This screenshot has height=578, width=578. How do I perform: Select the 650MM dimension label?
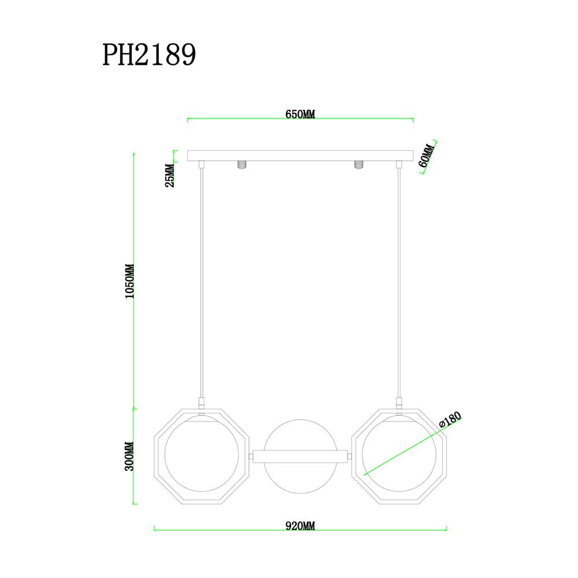pyautogui.click(x=300, y=114)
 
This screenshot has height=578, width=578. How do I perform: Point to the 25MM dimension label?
pyautogui.click(x=169, y=176)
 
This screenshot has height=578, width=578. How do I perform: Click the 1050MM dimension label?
pyautogui.click(x=129, y=281)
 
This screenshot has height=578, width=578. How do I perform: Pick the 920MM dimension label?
pyautogui.click(x=300, y=526)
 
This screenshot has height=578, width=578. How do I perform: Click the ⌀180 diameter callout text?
pyautogui.click(x=449, y=421)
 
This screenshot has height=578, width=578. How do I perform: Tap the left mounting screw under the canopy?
pyautogui.click(x=242, y=165)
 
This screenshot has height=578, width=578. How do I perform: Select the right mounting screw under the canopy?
pyautogui.click(x=358, y=165)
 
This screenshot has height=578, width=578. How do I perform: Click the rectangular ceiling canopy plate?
pyautogui.click(x=301, y=155)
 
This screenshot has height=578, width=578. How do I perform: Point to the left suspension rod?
pyautogui.click(x=201, y=283)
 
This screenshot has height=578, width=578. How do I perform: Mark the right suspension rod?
pyautogui.click(x=399, y=283)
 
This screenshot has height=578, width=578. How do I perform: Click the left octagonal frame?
pyautogui.click(x=159, y=457)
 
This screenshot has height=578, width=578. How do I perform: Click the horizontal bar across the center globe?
pyautogui.click(x=301, y=456)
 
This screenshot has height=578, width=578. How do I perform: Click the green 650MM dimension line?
pyautogui.click(x=243, y=120)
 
